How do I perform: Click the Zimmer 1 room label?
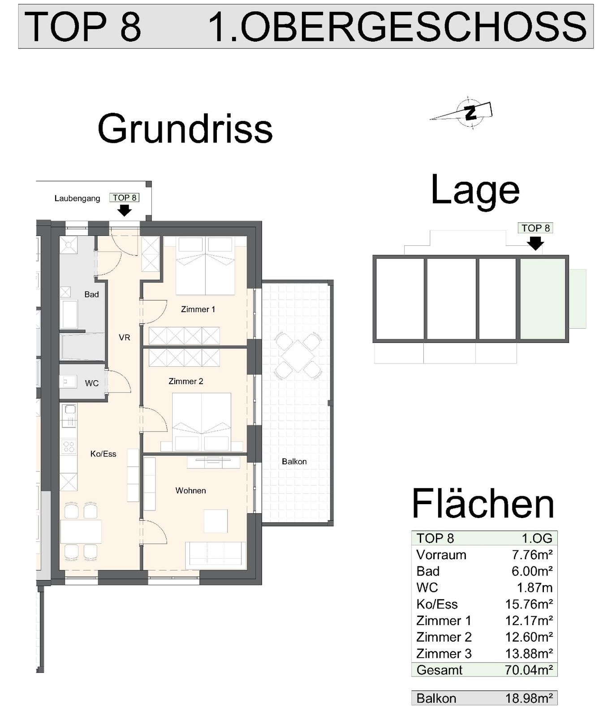pyautogui.click(x=198, y=309)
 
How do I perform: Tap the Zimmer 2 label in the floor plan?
pyautogui.click(x=186, y=381)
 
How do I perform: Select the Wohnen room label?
pyautogui.click(x=191, y=491)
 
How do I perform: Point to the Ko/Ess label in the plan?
pyautogui.click(x=103, y=454)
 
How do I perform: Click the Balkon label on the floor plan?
pyautogui.click(x=294, y=462)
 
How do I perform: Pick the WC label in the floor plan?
pyautogui.click(x=92, y=383)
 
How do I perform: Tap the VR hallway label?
pyautogui.click(x=125, y=338)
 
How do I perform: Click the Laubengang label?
pyautogui.click(x=78, y=198)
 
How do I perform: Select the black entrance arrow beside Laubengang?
pyautogui.click(x=124, y=210)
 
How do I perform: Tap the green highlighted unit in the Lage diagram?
pyautogui.click(x=543, y=299)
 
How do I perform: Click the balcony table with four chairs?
pyautogui.click(x=298, y=356)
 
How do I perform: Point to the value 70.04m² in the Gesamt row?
pyautogui.click(x=529, y=670)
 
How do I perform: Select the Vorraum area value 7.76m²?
pyautogui.click(x=532, y=555)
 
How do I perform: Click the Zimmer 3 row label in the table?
pyautogui.click(x=444, y=654)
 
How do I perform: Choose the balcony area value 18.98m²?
pyautogui.click(x=529, y=698)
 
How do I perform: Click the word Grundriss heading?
pyautogui.click(x=185, y=129)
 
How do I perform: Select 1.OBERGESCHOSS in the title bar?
pyautogui.click(x=397, y=26)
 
